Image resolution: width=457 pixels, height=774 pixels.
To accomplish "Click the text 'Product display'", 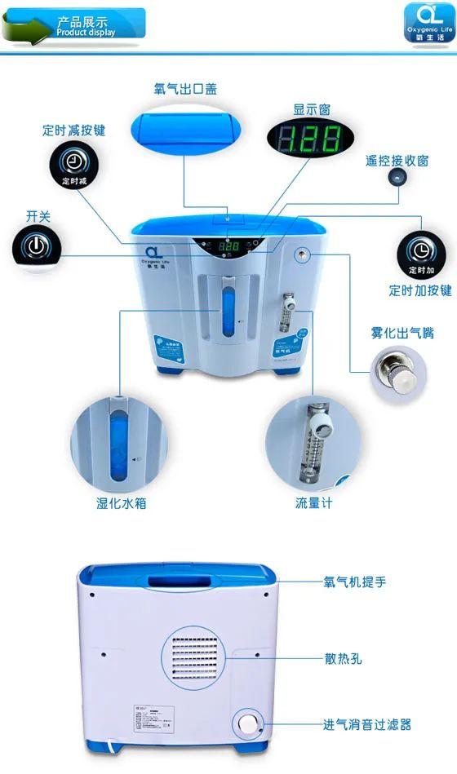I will (87, 33).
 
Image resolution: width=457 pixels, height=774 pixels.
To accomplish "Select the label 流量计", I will (313, 504).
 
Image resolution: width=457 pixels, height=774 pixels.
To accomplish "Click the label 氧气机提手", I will (355, 582).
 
